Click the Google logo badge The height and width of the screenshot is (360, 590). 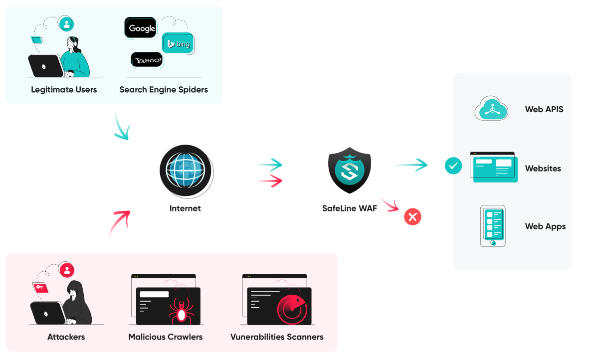coord(141,28)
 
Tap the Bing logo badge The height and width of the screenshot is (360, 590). coord(178,44)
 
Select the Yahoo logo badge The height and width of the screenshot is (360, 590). coord(147,60)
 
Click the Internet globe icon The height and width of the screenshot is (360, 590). coord(185,170)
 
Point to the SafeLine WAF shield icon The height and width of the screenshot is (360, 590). coord(349,171)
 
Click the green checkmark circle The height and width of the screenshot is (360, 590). coord(453,166)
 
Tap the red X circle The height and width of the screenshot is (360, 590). coord(412,217)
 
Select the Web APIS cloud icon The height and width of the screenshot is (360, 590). coord(491,109)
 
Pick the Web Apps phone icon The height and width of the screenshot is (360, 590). coord(493,226)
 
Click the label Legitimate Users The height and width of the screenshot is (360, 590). coord(64,90)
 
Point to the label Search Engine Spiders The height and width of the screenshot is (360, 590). coord(164,90)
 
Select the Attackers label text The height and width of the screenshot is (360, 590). coord(66,337)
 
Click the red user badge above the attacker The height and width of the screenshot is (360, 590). coord(66,270)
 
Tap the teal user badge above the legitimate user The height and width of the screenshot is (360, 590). coord(66,23)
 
